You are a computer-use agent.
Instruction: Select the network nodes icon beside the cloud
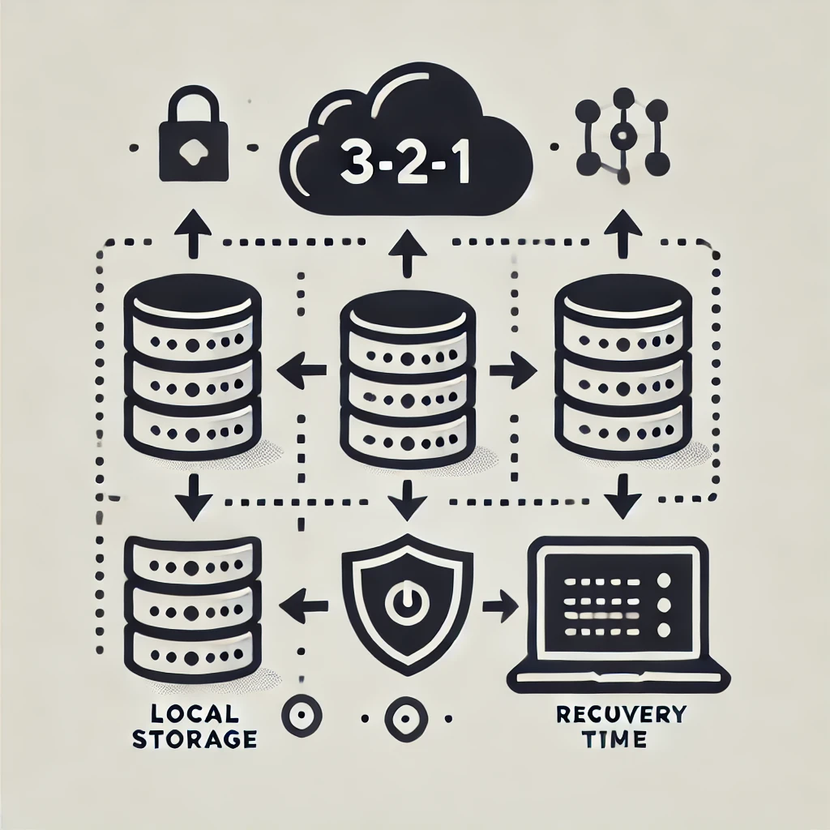pyautogui.click(x=622, y=137)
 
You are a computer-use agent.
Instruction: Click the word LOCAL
pyautogui.click(x=195, y=715)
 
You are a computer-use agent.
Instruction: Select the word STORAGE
pyautogui.click(x=195, y=738)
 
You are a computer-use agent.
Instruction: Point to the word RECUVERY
pyautogui.click(x=622, y=715)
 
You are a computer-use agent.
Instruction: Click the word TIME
pyautogui.click(x=617, y=738)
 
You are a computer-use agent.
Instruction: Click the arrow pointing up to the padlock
pyautogui.click(x=193, y=233)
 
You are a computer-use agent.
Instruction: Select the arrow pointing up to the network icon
pyautogui.click(x=623, y=233)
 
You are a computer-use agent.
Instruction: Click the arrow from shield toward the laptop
pyautogui.click(x=500, y=605)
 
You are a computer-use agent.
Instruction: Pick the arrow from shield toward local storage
pyautogui.click(x=303, y=605)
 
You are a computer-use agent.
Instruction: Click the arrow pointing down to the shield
pyautogui.click(x=407, y=500)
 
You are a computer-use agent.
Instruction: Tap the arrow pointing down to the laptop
pyautogui.click(x=623, y=495)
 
